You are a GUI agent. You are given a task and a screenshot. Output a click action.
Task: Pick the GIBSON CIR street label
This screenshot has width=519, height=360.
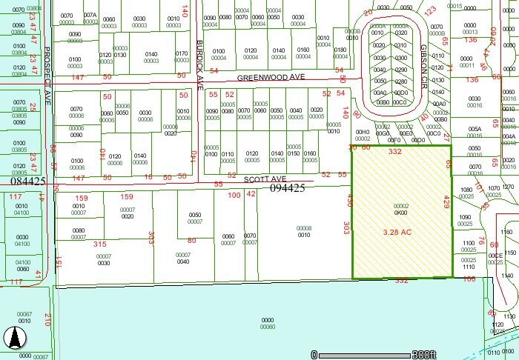pos(434,53)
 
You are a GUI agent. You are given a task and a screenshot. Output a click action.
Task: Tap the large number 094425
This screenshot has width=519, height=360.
pos(288,188)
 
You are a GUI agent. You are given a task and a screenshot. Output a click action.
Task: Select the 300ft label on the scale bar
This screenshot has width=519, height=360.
pos(426,354)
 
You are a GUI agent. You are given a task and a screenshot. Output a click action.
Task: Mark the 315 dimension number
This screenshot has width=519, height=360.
pos(100,243)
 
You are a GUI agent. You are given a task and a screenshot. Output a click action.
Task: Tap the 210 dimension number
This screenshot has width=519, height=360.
pos(46,320)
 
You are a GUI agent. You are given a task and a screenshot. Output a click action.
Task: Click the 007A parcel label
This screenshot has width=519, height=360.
pos(90,15)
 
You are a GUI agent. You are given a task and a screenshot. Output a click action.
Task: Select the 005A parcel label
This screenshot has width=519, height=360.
pos(475,128)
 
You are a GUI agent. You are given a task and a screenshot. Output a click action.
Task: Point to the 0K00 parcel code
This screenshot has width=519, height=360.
pos(401,213)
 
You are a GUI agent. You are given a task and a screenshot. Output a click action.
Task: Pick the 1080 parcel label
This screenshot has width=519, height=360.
pos(466,190)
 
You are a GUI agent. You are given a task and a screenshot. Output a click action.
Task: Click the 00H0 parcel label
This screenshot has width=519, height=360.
pos(363,132)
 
